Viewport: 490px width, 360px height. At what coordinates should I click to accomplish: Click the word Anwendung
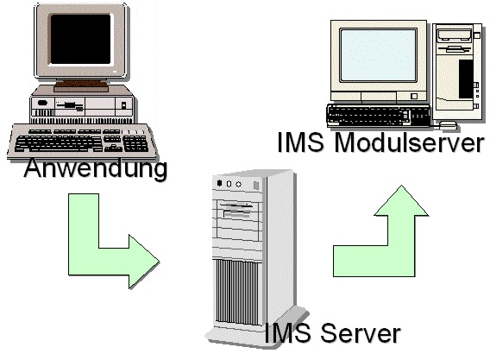[x=95, y=169]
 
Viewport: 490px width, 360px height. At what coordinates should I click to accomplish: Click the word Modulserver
[x=409, y=142]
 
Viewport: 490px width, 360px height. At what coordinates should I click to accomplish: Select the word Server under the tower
[x=361, y=333]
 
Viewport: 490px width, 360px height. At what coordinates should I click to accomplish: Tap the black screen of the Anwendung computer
[x=80, y=39]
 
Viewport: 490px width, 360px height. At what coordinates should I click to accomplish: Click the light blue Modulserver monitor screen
[x=378, y=55]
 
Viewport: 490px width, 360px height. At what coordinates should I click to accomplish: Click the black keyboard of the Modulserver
[x=379, y=116]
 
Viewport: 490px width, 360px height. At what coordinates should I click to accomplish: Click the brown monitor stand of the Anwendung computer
[x=81, y=85]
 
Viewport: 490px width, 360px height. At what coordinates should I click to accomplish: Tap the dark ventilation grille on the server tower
[x=237, y=292]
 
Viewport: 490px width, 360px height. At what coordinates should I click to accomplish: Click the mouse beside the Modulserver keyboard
[x=448, y=125]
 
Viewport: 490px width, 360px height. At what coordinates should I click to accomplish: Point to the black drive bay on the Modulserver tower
[x=466, y=79]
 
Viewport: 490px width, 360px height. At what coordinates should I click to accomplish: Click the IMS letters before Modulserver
[x=300, y=142]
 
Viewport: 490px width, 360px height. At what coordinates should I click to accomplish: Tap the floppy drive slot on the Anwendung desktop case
[x=70, y=105]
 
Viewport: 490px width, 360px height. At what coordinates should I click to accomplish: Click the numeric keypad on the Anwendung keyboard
[x=135, y=143]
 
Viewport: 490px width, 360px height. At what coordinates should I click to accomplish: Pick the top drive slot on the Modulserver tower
[x=455, y=35]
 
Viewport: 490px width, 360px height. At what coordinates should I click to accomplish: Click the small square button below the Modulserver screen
[x=414, y=96]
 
